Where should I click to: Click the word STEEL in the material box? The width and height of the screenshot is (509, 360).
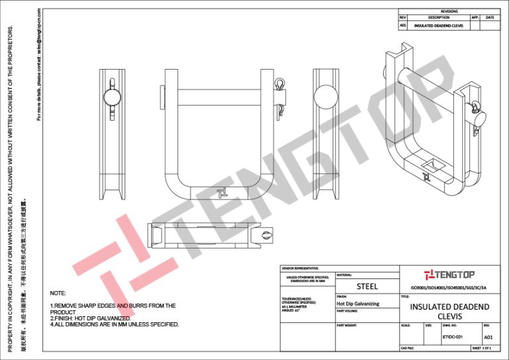(x=367, y=286)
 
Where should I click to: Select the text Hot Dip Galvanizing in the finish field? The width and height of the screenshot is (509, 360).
(x=358, y=304)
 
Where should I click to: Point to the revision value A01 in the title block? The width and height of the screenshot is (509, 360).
(x=487, y=337)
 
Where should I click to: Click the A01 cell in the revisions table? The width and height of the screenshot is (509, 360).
(x=402, y=25)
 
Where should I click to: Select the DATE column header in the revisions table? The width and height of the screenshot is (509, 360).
(x=490, y=17)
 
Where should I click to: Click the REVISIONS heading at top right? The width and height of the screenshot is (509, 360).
(x=449, y=11)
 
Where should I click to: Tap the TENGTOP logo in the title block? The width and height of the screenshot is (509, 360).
(x=450, y=274)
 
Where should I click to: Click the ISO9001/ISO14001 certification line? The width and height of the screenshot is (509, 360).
(x=450, y=288)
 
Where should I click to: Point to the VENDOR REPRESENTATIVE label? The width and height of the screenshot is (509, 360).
(x=300, y=268)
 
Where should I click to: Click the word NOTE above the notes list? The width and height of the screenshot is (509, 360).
(x=58, y=292)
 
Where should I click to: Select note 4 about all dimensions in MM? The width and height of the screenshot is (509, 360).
(x=115, y=324)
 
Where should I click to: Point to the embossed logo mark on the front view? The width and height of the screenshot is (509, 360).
(x=223, y=192)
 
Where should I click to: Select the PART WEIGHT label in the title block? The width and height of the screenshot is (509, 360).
(x=347, y=326)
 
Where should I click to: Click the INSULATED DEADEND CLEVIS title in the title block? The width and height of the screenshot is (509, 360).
(x=450, y=312)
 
